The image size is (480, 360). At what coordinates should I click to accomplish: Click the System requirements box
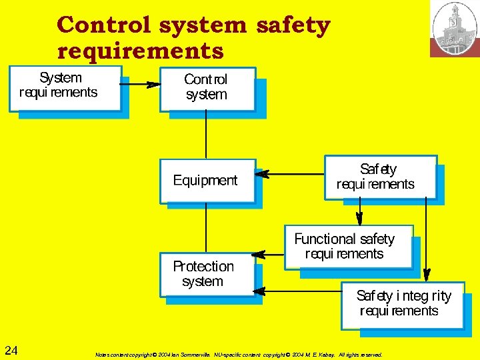pyautogui.click(x=65, y=88)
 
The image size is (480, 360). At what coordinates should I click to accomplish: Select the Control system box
pyautogui.click(x=207, y=89)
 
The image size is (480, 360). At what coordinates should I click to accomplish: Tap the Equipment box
pyautogui.click(x=207, y=181)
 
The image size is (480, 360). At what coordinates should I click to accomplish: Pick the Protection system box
pyautogui.click(x=207, y=274)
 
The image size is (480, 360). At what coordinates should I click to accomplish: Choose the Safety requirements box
pyautogui.click(x=380, y=177)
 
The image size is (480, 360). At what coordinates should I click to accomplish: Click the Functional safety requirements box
pyautogui.click(x=348, y=246)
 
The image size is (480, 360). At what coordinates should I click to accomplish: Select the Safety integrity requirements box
pyautogui.click(x=401, y=305)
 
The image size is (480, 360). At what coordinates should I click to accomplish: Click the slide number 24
pyautogui.click(x=11, y=351)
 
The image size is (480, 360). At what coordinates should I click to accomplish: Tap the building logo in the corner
pyautogui.click(x=455, y=28)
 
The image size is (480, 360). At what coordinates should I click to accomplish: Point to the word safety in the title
pyautogui.click(x=293, y=25)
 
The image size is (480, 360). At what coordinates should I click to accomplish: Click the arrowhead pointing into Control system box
pyautogui.click(x=153, y=85)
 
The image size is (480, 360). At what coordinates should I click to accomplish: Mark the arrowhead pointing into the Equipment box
pyautogui.click(x=262, y=175)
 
